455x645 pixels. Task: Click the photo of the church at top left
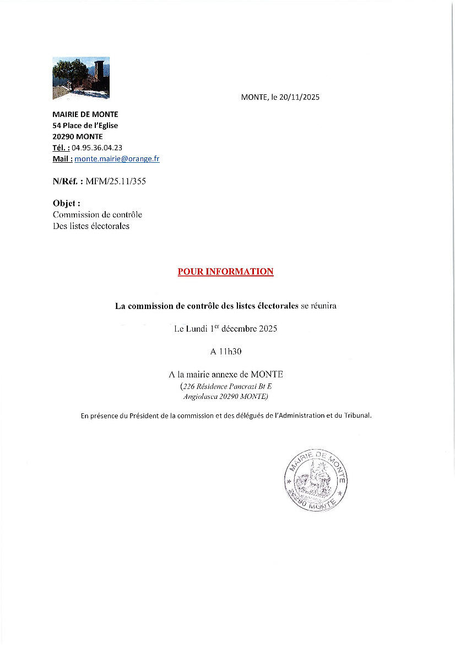(x=81, y=78)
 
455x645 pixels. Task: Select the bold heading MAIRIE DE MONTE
(x=85, y=114)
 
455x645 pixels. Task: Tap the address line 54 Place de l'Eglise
(x=85, y=125)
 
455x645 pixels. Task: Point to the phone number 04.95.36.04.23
(x=97, y=147)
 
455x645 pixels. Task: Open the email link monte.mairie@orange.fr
(x=117, y=158)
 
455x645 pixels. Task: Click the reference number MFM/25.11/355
(x=116, y=180)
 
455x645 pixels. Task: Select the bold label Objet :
(x=67, y=203)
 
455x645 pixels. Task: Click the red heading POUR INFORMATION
(x=225, y=271)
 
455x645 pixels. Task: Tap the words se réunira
(x=318, y=306)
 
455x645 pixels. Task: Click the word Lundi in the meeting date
(x=197, y=328)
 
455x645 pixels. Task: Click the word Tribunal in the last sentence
(x=356, y=415)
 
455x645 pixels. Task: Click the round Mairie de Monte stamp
(x=316, y=479)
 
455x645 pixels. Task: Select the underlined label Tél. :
(x=61, y=147)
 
